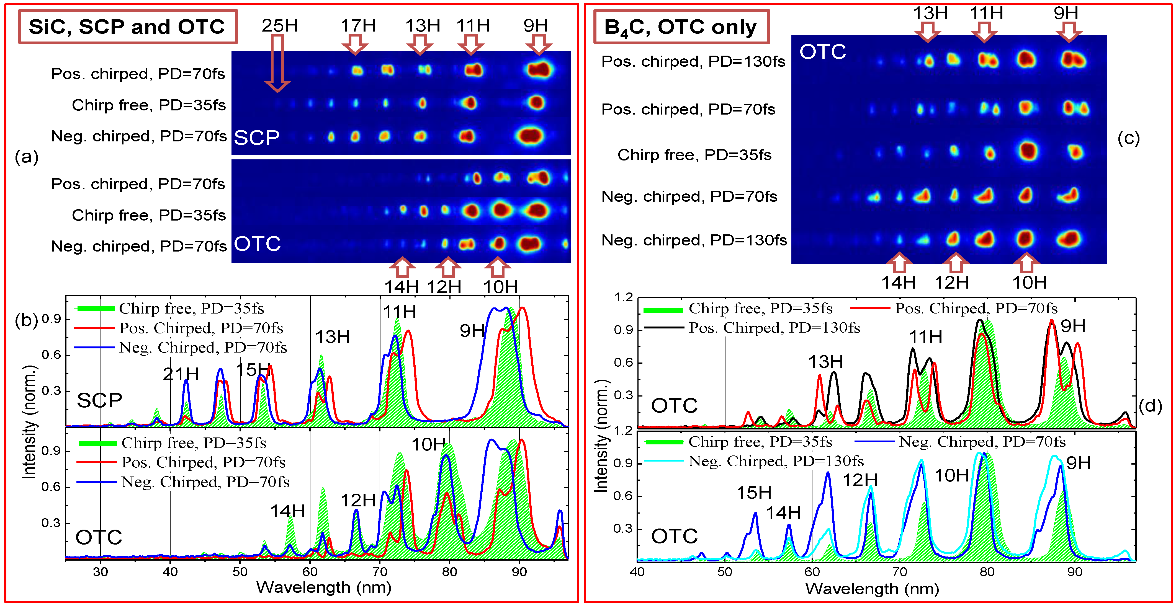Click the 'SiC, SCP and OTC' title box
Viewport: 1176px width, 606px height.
[x=127, y=27]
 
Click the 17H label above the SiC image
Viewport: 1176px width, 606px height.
[x=358, y=25]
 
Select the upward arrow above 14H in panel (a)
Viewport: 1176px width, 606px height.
[x=402, y=267]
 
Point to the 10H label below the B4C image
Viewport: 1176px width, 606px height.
[x=1030, y=283]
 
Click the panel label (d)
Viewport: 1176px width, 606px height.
[x=1150, y=406]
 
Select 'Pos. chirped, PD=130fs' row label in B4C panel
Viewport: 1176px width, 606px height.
[x=693, y=61]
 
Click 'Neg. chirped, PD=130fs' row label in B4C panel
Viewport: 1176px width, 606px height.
[x=694, y=240]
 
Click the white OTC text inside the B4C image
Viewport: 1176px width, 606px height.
[x=823, y=51]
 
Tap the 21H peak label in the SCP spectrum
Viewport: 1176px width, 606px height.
[x=181, y=374]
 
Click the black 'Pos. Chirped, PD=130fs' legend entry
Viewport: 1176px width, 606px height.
[x=774, y=328]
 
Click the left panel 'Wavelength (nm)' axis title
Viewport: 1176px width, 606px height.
[x=324, y=587]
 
